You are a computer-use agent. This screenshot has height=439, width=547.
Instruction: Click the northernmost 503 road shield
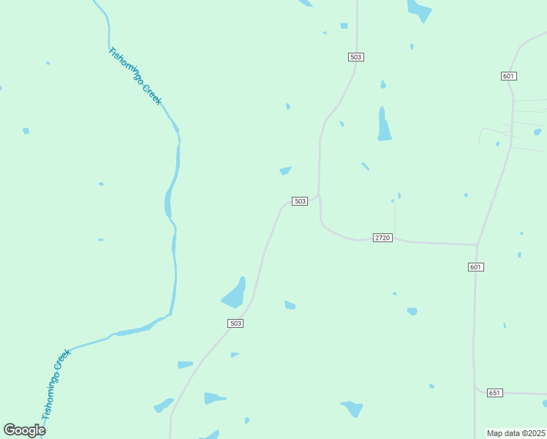click(356, 56)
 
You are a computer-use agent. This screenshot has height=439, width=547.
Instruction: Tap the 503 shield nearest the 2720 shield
click(299, 201)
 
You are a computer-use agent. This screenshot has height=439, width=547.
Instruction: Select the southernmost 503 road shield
click(235, 323)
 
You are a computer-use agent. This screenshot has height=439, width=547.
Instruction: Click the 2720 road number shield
click(382, 238)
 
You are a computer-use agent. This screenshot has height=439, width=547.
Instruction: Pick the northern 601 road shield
click(509, 76)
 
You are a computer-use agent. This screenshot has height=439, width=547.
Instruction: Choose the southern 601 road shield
click(475, 267)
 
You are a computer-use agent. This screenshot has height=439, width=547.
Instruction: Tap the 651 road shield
click(494, 393)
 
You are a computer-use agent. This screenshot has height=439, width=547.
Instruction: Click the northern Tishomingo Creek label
click(135, 76)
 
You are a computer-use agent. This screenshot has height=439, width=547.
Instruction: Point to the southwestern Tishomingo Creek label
click(56, 383)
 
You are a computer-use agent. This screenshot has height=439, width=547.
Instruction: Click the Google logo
click(24, 430)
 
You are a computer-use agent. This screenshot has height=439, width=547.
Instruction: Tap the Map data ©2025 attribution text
click(516, 433)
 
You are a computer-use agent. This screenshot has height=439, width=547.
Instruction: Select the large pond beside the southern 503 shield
click(234, 294)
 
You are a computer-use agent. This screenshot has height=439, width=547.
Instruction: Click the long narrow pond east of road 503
click(383, 124)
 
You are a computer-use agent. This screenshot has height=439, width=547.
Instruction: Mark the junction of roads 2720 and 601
click(477, 244)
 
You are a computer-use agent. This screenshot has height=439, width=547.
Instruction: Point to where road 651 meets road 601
click(475, 388)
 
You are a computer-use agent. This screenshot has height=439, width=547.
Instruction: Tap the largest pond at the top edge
click(420, 10)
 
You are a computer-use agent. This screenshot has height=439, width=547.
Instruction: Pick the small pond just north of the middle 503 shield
click(285, 171)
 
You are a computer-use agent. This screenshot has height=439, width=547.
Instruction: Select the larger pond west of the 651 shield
click(352, 408)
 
